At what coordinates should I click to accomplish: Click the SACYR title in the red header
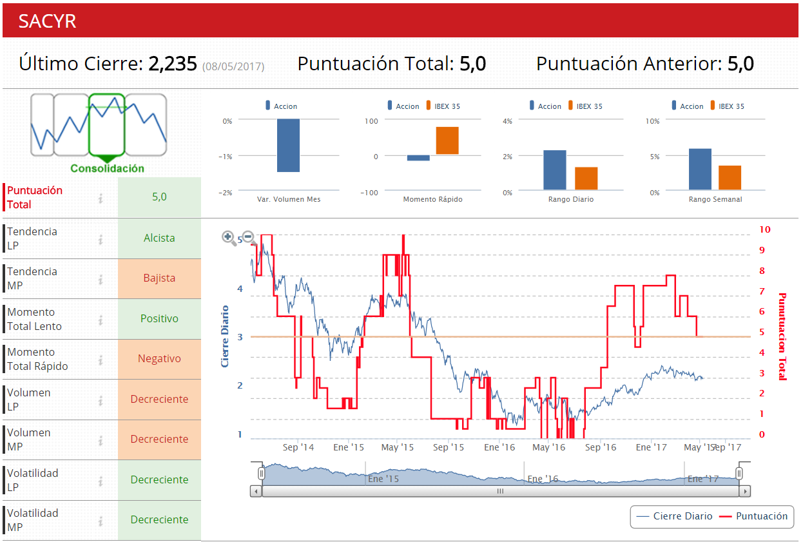pyautogui.click(x=47, y=21)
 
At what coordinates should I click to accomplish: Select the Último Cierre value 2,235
pyautogui.click(x=172, y=64)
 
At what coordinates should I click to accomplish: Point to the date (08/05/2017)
pyautogui.click(x=233, y=66)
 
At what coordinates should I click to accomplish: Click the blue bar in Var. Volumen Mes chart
pyautogui.click(x=288, y=145)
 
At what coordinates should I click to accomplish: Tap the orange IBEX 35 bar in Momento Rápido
pyautogui.click(x=447, y=140)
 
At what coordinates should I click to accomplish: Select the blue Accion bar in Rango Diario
pyautogui.click(x=554, y=169)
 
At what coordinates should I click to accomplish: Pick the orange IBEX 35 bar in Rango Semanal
pyautogui.click(x=730, y=177)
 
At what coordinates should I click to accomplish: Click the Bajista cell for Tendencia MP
pyautogui.click(x=159, y=278)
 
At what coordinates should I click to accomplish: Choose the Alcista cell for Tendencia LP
pyautogui.click(x=159, y=238)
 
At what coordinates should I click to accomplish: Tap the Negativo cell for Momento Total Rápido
pyautogui.click(x=159, y=359)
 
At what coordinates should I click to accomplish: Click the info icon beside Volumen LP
pyautogui.click(x=101, y=400)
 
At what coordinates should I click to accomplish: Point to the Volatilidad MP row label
pyautogui.click(x=32, y=520)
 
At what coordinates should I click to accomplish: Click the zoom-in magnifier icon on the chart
pyautogui.click(x=228, y=238)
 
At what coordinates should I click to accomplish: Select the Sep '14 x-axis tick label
pyautogui.click(x=298, y=447)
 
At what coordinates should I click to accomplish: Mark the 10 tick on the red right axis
pyautogui.click(x=764, y=229)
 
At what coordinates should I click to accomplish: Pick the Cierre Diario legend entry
pyautogui.click(x=675, y=516)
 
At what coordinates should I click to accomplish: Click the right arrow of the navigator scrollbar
pyautogui.click(x=746, y=491)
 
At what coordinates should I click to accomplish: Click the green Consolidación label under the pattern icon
pyautogui.click(x=107, y=168)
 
